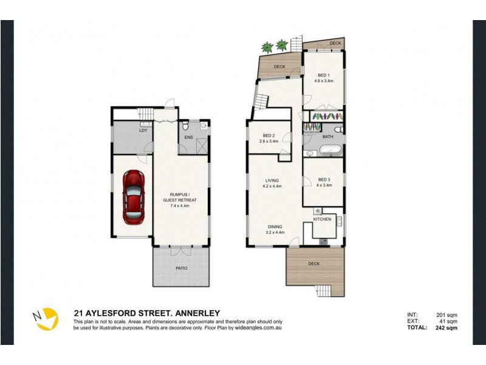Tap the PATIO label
[182, 268]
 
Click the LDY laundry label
[143, 130]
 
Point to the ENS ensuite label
[189, 137]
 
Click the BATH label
[328, 137]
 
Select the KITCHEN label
[323, 219]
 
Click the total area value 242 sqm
[446, 327]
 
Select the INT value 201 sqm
[447, 315]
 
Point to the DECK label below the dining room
[314, 264]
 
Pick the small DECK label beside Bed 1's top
[335, 43]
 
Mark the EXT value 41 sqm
[448, 321]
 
